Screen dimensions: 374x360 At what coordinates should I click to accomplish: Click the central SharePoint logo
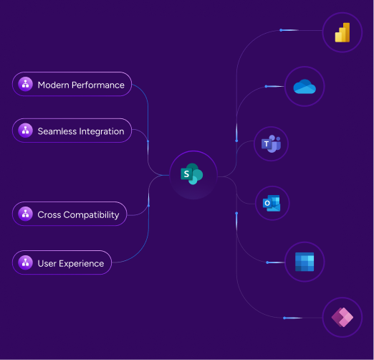point(192,174)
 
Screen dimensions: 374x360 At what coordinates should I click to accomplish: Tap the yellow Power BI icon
point(342,32)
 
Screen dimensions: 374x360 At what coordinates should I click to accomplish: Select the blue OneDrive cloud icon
point(305,87)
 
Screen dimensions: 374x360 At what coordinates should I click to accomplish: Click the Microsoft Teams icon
point(271,143)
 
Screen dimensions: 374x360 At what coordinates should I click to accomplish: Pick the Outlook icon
point(272,203)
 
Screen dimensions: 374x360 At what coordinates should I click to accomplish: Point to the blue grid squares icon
point(305,262)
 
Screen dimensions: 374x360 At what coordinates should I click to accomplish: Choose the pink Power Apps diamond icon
point(342,317)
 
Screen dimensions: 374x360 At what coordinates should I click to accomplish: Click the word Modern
point(54,85)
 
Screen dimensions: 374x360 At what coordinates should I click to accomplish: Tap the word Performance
point(98,85)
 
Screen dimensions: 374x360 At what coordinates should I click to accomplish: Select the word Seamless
point(57,131)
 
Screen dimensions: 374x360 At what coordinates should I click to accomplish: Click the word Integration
point(101,132)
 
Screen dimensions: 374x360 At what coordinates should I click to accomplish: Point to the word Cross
point(49,215)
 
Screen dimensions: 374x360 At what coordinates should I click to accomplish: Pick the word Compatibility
point(91,215)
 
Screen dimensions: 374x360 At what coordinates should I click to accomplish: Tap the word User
point(47,264)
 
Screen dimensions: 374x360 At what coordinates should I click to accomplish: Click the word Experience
point(82,264)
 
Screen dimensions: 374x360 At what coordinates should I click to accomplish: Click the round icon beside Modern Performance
point(25,84)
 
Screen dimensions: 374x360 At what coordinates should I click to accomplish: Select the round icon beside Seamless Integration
point(25,131)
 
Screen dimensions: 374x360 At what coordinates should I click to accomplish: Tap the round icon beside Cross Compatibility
point(25,214)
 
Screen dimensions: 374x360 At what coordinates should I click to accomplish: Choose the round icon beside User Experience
point(25,262)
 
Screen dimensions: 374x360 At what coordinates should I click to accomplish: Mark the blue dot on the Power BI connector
point(281,30)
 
